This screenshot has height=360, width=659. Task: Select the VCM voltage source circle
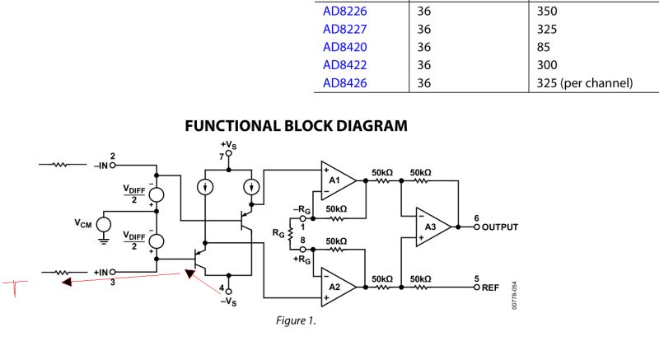tap(103, 224)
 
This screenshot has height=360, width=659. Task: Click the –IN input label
tap(103, 165)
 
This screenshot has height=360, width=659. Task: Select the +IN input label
tap(103, 272)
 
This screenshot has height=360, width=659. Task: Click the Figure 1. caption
tap(295, 320)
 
